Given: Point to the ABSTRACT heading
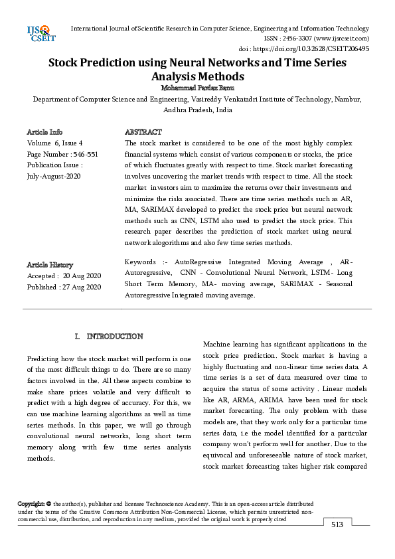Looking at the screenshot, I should click(x=143, y=133).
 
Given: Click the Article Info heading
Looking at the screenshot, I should click(x=45, y=133).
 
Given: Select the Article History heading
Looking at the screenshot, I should click(x=50, y=264).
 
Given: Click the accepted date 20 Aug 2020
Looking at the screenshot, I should click(x=81, y=276).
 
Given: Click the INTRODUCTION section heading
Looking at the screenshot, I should click(x=115, y=337).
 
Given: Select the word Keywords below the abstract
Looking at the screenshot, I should click(x=140, y=262).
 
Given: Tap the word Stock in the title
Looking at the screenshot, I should click(x=68, y=64).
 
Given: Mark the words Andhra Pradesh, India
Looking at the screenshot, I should click(x=197, y=110).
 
